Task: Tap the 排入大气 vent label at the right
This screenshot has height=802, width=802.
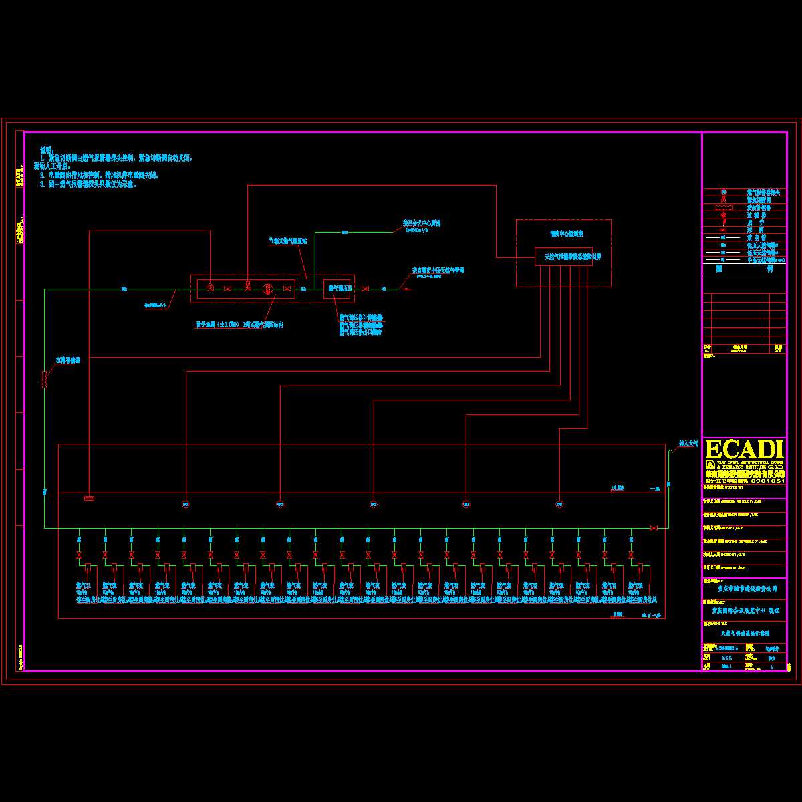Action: point(688,443)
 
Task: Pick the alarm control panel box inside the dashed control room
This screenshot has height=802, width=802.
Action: point(563,257)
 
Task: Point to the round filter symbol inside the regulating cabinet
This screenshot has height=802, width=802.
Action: point(267,289)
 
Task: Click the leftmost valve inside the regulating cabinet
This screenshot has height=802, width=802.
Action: point(210,288)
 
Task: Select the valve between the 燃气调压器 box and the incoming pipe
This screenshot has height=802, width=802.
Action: point(365,289)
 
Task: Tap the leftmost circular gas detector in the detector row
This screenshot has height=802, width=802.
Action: point(186,504)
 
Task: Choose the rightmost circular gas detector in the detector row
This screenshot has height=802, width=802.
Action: point(559,504)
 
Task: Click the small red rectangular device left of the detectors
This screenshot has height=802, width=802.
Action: point(89,498)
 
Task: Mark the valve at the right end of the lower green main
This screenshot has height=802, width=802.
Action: point(654,528)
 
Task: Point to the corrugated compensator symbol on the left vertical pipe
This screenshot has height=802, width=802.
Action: point(45,379)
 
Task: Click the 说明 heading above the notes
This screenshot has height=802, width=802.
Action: point(46,150)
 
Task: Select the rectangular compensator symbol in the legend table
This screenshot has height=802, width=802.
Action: point(724,208)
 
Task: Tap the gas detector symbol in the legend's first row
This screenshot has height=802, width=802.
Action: point(724,192)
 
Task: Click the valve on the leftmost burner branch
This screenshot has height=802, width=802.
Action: point(79,555)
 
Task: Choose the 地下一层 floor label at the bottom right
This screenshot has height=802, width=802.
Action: point(650,614)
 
